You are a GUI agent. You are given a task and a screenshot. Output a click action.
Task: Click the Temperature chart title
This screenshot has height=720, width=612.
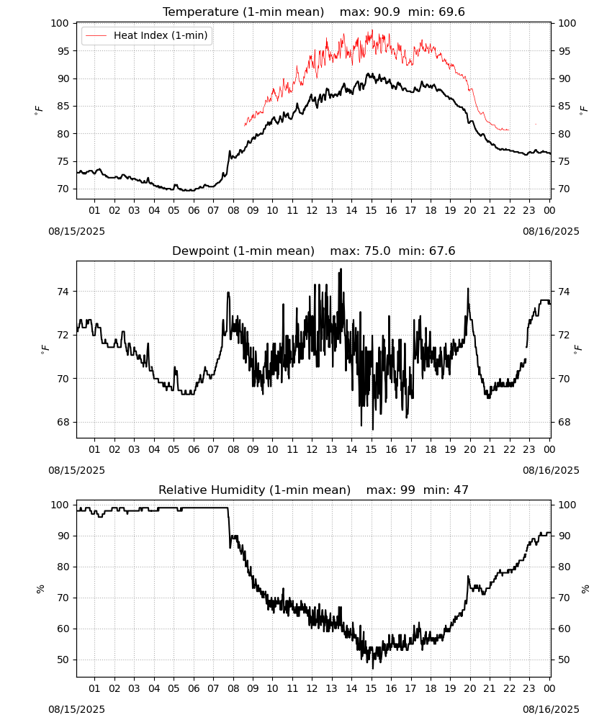pyautogui.click(x=243, y=12)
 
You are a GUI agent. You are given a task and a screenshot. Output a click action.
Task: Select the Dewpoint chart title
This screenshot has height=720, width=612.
pyautogui.click(x=243, y=251)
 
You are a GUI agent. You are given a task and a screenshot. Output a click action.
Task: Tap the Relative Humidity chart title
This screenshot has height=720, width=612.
pyautogui.click(x=254, y=490)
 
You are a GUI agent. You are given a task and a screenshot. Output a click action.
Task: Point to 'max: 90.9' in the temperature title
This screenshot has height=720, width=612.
pyautogui.click(x=369, y=12)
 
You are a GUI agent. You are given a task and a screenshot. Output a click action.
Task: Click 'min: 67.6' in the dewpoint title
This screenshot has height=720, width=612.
pyautogui.click(x=427, y=251)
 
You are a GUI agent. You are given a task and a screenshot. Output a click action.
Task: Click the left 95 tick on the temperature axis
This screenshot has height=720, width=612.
pyautogui.click(x=63, y=51)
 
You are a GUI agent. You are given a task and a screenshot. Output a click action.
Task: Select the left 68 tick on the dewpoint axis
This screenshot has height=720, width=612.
pyautogui.click(x=63, y=423)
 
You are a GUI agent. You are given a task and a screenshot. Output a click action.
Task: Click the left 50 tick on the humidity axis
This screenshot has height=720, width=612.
pyautogui.click(x=63, y=660)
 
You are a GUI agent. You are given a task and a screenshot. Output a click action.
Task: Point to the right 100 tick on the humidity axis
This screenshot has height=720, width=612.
pyautogui.click(x=567, y=505)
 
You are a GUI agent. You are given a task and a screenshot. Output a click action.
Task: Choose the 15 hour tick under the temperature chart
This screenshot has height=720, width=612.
pyautogui.click(x=371, y=210)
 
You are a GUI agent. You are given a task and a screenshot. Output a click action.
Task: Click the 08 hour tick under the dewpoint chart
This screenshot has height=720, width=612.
pyautogui.click(x=233, y=449)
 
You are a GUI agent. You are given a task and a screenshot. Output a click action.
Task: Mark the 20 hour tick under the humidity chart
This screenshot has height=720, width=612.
pyautogui.click(x=469, y=688)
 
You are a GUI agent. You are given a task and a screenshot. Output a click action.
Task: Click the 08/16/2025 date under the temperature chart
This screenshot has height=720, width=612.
pyautogui.click(x=551, y=231)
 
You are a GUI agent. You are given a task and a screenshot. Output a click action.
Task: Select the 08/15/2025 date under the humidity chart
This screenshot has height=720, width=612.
pyautogui.click(x=76, y=709)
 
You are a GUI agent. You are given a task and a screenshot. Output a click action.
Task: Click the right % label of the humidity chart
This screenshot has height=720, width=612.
pyautogui.click(x=585, y=589)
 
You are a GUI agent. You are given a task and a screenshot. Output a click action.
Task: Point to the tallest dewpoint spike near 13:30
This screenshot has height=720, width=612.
pyautogui.click(x=341, y=270)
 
